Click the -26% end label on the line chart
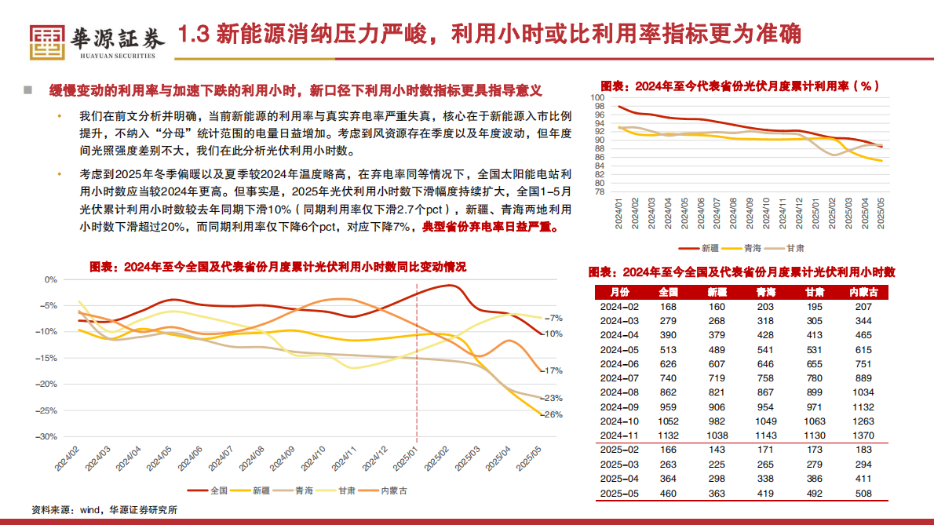click(553, 414)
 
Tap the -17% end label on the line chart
click(553, 370)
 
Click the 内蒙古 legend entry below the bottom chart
click(392, 490)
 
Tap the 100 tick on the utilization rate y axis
click(598, 97)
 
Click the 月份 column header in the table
click(620, 291)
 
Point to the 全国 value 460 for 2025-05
click(668, 494)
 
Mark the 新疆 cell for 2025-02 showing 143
click(717, 449)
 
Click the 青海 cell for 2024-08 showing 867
click(765, 391)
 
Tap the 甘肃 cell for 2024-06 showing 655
click(814, 363)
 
